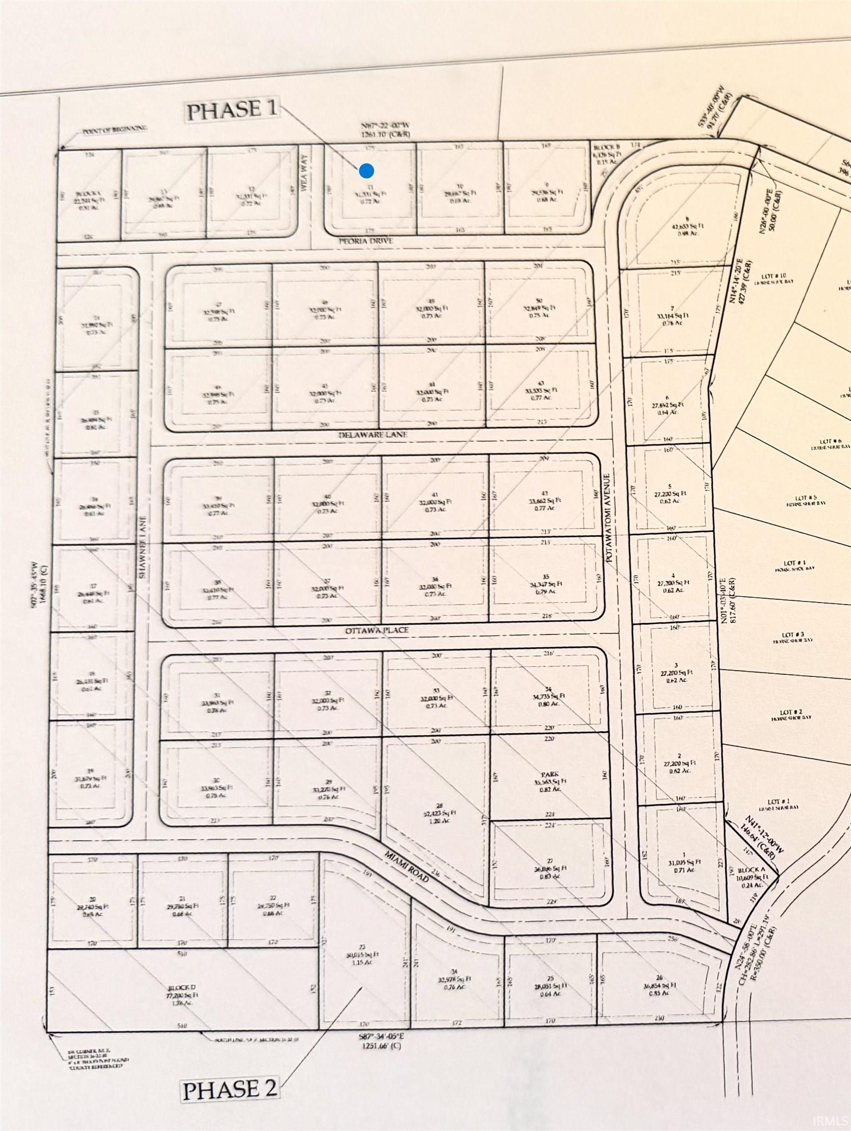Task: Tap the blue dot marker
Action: [366, 171]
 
